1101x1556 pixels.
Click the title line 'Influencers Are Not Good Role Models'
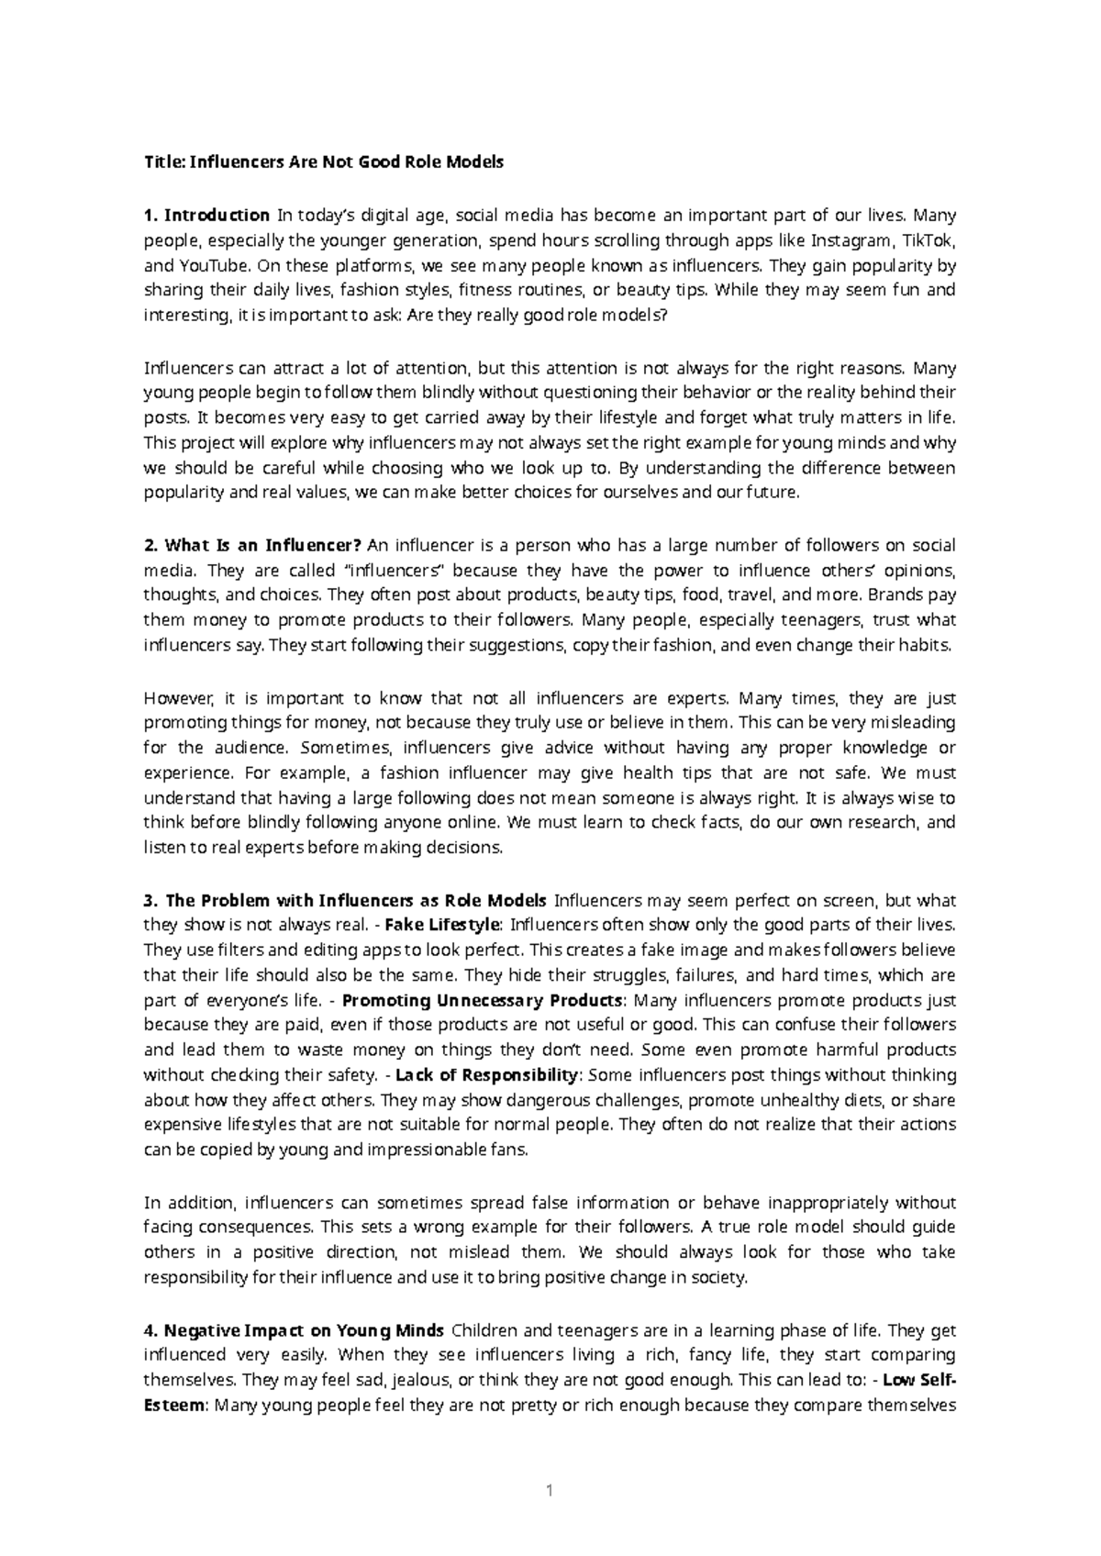pos(324,163)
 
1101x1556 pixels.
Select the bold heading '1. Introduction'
pos(206,216)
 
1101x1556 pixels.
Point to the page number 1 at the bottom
pos(550,1491)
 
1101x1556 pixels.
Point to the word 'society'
pos(720,1277)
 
